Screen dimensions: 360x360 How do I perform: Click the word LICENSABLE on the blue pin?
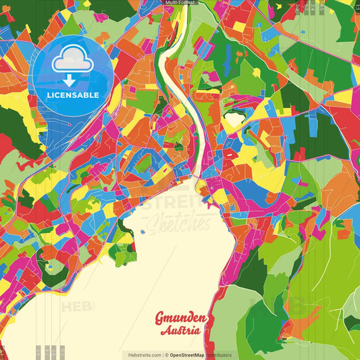[73, 95]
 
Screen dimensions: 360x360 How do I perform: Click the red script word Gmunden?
[182, 318]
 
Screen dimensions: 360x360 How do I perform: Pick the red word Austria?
[180, 331]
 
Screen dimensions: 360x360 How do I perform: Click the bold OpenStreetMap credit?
[187, 355]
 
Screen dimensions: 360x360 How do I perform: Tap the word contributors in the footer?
[218, 355]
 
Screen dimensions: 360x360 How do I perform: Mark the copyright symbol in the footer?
[166, 355]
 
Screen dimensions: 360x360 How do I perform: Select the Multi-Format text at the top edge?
[180, 3]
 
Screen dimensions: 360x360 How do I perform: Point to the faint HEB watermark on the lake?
[78, 306]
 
